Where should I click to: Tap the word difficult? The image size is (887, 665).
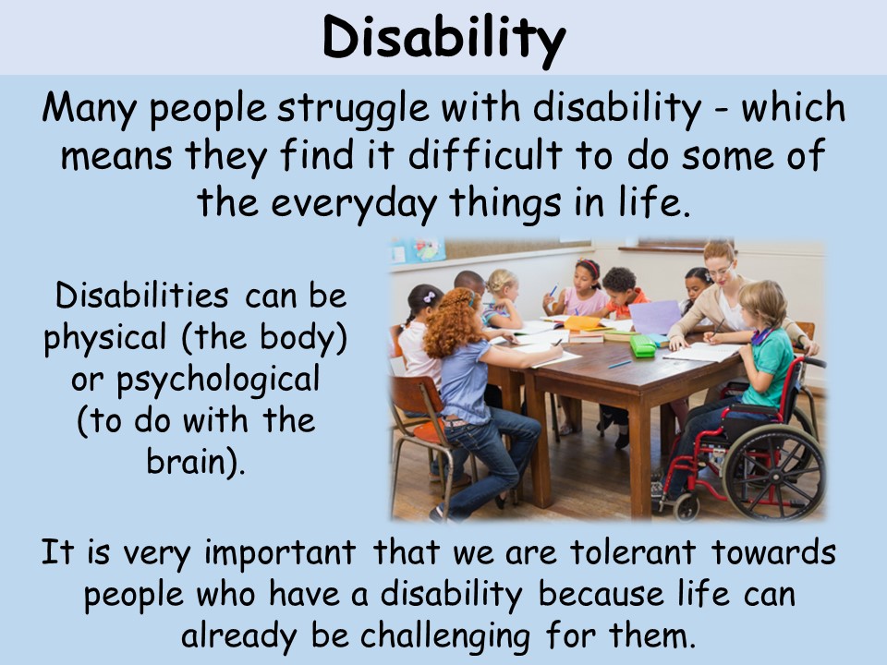485,154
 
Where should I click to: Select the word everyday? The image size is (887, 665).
354,203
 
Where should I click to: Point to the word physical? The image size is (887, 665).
105,338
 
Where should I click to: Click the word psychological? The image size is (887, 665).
217,380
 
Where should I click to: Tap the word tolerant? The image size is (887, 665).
632,552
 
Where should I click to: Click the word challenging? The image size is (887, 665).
445,636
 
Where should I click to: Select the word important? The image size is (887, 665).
280,553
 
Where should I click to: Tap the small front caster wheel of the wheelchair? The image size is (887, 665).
687,507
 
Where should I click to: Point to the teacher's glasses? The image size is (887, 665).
720,271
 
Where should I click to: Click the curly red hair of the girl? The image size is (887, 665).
451,321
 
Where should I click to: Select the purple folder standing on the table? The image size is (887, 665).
656,317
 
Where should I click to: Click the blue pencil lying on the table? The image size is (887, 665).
619,364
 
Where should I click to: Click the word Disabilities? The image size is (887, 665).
142,296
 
